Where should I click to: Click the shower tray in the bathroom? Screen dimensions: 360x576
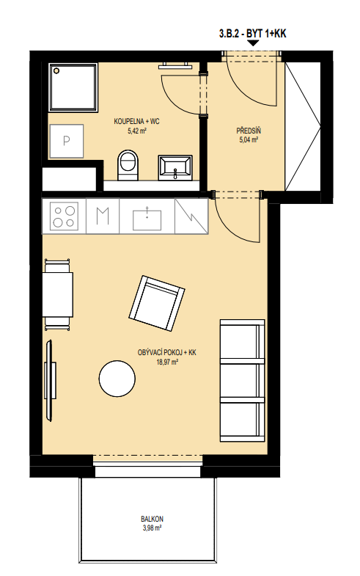(73, 87)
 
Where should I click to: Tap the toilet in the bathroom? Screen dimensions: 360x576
(128, 165)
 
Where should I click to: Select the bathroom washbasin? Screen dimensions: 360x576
(175, 168)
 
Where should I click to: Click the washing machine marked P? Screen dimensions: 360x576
(67, 141)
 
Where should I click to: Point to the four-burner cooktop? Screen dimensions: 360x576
(65, 216)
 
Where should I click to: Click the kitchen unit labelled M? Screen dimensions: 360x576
(103, 216)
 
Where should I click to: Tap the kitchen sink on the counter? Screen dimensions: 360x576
(147, 219)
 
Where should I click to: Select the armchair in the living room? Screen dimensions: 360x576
(157, 303)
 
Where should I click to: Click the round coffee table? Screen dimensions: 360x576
(117, 379)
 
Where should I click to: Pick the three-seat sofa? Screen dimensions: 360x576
(242, 380)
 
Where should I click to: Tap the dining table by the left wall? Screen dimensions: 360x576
(58, 295)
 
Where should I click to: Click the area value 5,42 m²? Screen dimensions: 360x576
(137, 131)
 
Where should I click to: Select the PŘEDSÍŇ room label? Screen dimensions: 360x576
(249, 131)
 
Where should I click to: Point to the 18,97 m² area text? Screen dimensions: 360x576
(167, 362)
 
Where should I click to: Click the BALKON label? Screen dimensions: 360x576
(152, 519)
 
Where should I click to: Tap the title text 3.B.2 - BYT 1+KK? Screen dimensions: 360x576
(252, 34)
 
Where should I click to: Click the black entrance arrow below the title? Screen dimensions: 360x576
(253, 43)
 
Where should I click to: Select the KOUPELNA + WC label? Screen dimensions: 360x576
(137, 121)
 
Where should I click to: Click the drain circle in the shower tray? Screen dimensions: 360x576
(56, 70)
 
